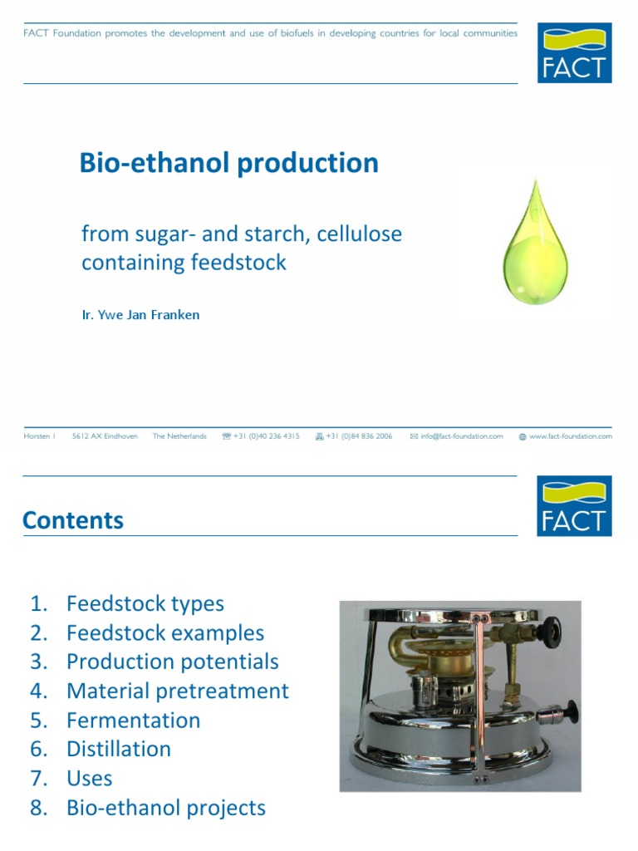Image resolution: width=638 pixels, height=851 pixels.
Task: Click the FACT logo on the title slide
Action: pos(574,52)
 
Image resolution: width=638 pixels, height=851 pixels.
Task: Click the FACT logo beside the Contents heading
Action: pos(574,505)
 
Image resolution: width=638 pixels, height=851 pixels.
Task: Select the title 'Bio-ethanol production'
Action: pos(228,163)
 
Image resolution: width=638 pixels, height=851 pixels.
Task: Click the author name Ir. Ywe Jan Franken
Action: pos(140,315)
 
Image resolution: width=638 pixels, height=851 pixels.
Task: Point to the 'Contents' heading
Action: pos(73,521)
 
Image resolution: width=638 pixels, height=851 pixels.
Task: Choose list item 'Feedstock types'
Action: pos(145,604)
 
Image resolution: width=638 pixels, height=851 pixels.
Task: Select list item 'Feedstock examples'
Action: pos(164,633)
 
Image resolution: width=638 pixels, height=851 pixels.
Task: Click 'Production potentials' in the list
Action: pos(172,662)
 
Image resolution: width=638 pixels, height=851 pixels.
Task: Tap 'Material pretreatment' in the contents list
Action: pos(177,691)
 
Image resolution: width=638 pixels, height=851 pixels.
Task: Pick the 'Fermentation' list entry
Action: pos(133,721)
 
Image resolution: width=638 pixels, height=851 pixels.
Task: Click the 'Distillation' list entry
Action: pos(118,749)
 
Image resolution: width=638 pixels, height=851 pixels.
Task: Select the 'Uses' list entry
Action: pos(89,779)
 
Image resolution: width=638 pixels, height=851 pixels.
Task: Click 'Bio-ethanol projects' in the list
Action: pos(165,808)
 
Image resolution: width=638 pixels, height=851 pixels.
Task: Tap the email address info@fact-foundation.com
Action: pos(461,436)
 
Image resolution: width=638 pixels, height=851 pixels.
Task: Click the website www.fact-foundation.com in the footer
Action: pos(570,436)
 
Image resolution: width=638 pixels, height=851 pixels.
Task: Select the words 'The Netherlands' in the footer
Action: pos(179,436)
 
